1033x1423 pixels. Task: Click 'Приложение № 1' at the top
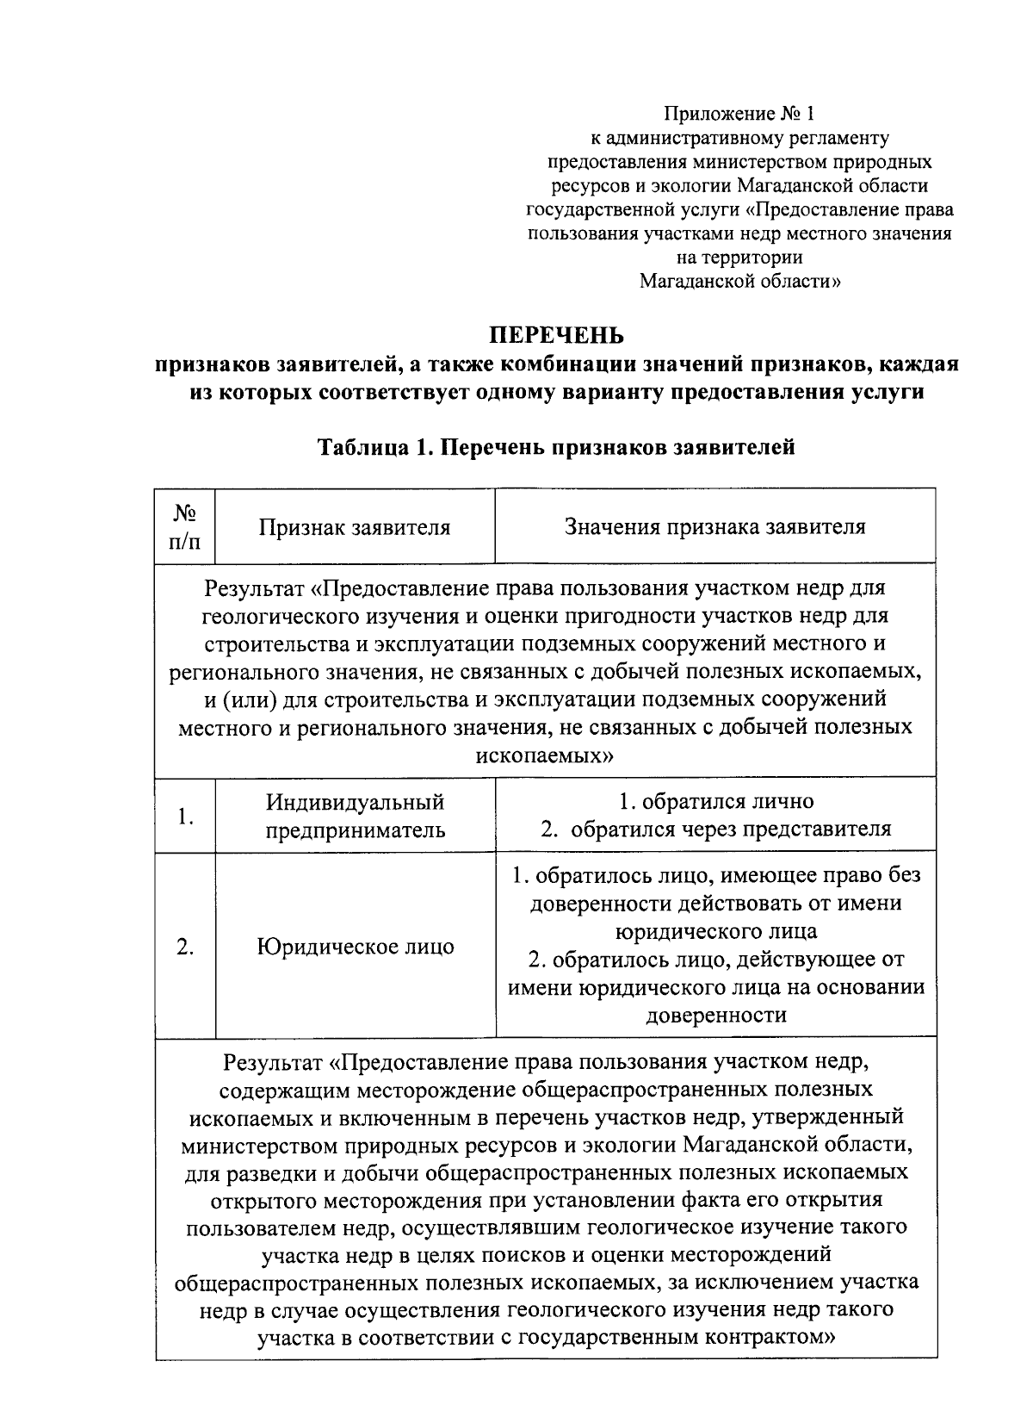click(739, 114)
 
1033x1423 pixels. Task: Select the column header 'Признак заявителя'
click(355, 527)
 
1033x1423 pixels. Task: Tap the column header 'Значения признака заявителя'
click(714, 526)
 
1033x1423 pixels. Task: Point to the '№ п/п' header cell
click(185, 526)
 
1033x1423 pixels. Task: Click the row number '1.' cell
click(185, 816)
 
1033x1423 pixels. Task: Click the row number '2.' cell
click(185, 947)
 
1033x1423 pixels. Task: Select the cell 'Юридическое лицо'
click(355, 947)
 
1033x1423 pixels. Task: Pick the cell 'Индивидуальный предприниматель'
click(355, 816)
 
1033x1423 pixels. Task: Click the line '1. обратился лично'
click(715, 801)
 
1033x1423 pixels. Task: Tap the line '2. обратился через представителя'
click(715, 830)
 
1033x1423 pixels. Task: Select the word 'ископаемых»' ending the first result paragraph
click(545, 755)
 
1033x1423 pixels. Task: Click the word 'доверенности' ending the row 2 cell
click(715, 1016)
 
